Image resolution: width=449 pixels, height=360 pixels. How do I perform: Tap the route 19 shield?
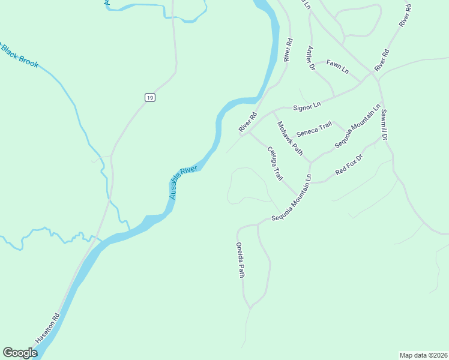click(x=149, y=97)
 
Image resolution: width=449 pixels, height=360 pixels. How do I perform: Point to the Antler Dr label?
click(x=311, y=58)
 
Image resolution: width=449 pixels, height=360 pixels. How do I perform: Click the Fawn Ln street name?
click(x=337, y=66)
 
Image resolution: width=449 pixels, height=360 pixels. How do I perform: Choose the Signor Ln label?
click(x=307, y=106)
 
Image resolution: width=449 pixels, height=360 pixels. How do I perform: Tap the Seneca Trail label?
click(x=314, y=127)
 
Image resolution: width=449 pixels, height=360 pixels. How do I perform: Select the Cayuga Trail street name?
click(x=275, y=164)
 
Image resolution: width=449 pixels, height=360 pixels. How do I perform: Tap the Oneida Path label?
click(x=240, y=260)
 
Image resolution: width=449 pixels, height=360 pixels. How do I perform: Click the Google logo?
click(x=20, y=353)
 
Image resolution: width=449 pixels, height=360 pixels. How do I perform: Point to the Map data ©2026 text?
click(x=423, y=355)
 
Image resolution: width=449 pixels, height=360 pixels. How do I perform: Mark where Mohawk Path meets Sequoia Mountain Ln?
click(x=310, y=162)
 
